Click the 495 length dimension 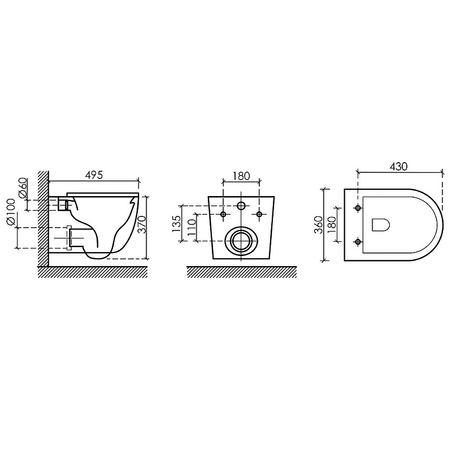[x=94, y=175]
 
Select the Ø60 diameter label [x=23, y=188]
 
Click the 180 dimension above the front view [x=241, y=176]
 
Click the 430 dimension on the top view [x=399, y=167]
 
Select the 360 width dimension [x=319, y=224]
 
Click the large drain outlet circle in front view [x=242, y=241]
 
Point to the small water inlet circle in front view [x=241, y=206]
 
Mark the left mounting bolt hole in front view [x=224, y=214]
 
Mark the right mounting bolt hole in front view [x=259, y=214]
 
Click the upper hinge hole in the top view [x=357, y=208]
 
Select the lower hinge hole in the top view [x=357, y=242]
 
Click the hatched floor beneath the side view [x=93, y=272]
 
